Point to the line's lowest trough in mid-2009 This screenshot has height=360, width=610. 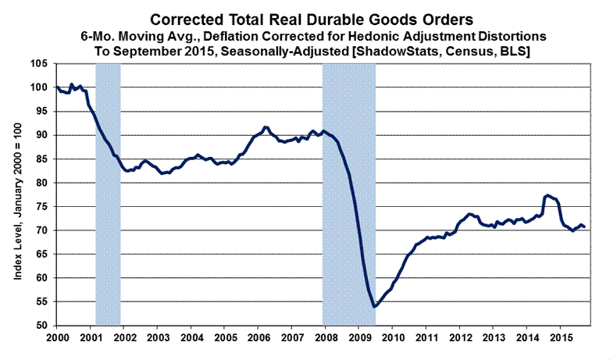(374, 306)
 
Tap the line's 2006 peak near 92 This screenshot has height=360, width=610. (266, 127)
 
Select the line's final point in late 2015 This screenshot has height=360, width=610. (586, 227)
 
